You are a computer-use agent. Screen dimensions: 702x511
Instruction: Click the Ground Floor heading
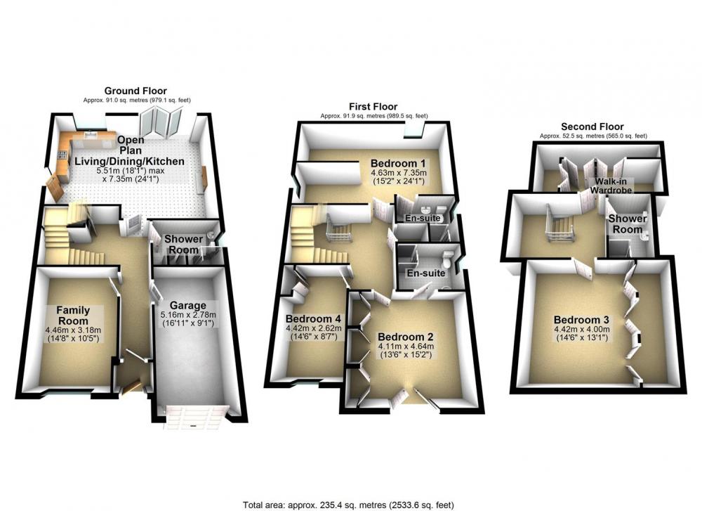pyautogui.click(x=135, y=91)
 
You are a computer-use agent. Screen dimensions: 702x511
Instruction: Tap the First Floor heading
pyautogui.click(x=373, y=107)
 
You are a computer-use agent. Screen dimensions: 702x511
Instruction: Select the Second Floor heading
pyautogui.click(x=592, y=127)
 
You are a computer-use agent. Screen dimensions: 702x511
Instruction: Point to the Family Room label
pyautogui.click(x=73, y=316)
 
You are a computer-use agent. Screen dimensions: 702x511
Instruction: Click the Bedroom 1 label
pyautogui.click(x=398, y=163)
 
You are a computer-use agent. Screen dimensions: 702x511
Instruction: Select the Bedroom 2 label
pyautogui.click(x=405, y=337)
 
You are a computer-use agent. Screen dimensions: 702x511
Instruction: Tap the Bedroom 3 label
pyautogui.click(x=581, y=320)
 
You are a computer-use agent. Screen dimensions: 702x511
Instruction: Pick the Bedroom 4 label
pyautogui.click(x=313, y=318)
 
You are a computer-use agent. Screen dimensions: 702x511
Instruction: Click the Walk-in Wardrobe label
pyautogui.click(x=611, y=186)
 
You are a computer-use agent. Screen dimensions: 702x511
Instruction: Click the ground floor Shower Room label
pyautogui.click(x=183, y=245)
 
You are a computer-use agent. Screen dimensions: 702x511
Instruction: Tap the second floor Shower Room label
pyautogui.click(x=627, y=224)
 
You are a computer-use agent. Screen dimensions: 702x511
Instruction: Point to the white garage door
pyautogui.click(x=194, y=417)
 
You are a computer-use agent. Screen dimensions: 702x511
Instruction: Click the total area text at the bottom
pyautogui.click(x=348, y=505)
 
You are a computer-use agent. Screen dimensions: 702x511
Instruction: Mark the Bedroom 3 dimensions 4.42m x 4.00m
pyautogui.click(x=581, y=333)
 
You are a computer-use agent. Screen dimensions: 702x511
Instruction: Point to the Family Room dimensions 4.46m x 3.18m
pyautogui.click(x=73, y=335)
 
